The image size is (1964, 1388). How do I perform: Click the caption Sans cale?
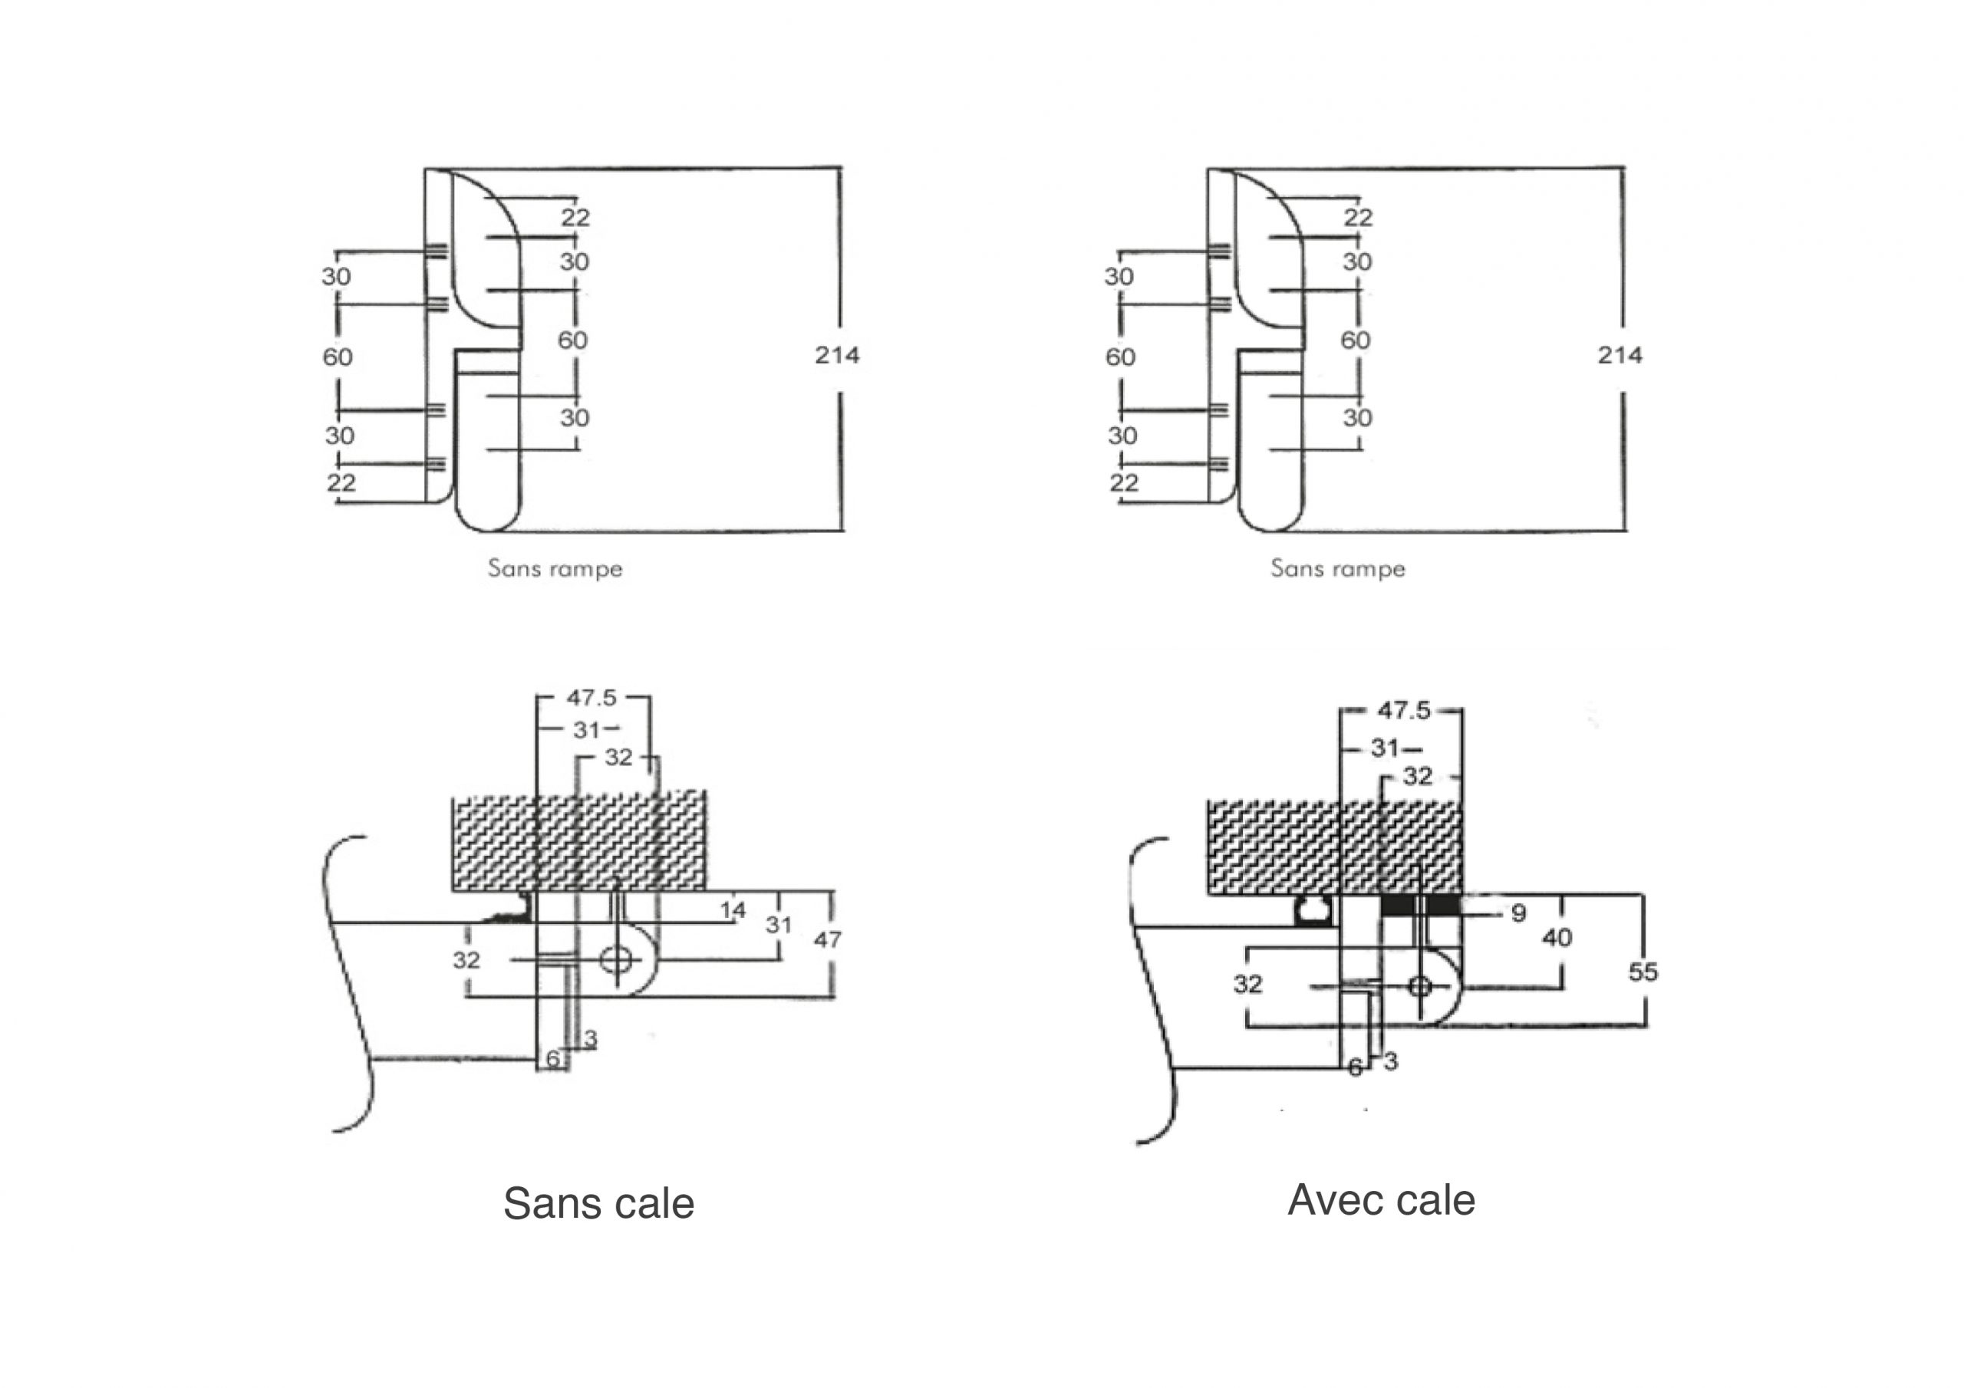pyautogui.click(x=598, y=1204)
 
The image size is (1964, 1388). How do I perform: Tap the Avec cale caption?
pyautogui.click(x=1381, y=1200)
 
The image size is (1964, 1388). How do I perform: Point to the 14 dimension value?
pyautogui.click(x=732, y=910)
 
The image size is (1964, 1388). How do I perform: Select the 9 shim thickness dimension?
pyautogui.click(x=1518, y=913)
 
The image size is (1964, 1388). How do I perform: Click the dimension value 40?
pyautogui.click(x=1557, y=938)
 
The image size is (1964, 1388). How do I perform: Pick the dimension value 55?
pyautogui.click(x=1643, y=972)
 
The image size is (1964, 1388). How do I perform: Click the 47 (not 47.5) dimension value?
pyautogui.click(x=826, y=940)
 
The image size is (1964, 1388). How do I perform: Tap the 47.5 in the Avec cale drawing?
pyautogui.click(x=1404, y=711)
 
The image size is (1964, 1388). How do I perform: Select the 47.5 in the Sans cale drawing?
pyautogui.click(x=591, y=698)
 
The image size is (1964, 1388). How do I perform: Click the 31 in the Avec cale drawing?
pyautogui.click(x=1385, y=748)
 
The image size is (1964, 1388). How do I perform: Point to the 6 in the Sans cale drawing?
pyautogui.click(x=552, y=1059)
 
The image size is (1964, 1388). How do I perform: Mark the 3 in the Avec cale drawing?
pyautogui.click(x=1390, y=1061)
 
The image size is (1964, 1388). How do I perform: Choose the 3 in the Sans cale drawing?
pyautogui.click(x=589, y=1039)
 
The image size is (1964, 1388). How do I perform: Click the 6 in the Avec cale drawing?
pyautogui.click(x=1355, y=1067)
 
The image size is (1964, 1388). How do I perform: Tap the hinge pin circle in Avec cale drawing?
pyautogui.click(x=1420, y=986)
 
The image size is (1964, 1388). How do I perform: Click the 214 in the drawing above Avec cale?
pyautogui.click(x=1620, y=355)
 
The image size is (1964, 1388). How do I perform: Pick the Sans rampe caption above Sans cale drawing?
pyautogui.click(x=555, y=569)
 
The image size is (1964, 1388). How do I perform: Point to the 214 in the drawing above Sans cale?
pyautogui.click(x=836, y=355)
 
